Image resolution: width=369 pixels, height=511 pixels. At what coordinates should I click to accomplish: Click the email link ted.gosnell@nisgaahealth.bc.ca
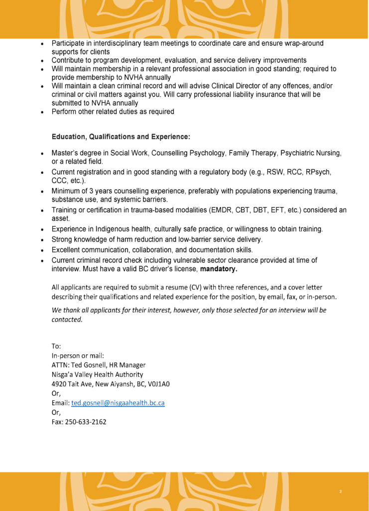coord(118,403)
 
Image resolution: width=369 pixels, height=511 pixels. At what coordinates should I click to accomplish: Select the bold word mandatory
coord(219,270)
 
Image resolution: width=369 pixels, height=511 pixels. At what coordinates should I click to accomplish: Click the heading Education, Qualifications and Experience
coord(121,136)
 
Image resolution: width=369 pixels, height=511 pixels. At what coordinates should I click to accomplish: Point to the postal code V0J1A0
coord(159,384)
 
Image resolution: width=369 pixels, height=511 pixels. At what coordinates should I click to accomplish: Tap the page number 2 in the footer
coord(341,492)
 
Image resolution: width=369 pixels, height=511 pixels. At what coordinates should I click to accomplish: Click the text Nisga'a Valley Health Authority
coord(97,374)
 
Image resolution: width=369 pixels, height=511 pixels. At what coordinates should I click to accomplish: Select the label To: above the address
coord(56,346)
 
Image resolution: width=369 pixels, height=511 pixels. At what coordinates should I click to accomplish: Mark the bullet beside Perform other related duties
coord(43,112)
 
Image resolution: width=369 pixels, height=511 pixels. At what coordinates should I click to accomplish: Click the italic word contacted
coord(67,319)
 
